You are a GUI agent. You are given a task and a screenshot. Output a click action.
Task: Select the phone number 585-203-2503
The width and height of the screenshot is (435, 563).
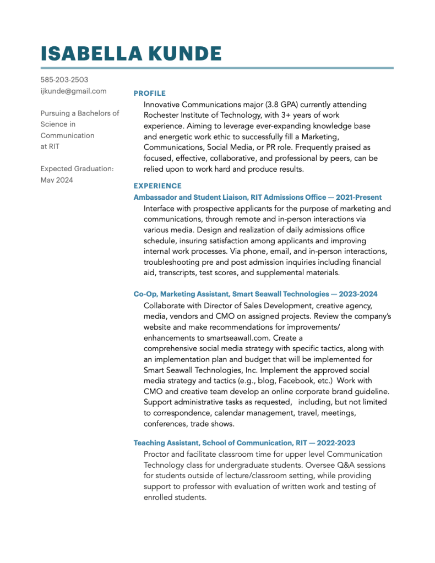coord(64,80)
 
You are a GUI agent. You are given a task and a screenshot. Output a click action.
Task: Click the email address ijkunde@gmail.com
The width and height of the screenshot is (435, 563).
coord(73,91)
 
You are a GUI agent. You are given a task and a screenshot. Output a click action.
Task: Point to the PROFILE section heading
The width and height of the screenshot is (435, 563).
coord(149,93)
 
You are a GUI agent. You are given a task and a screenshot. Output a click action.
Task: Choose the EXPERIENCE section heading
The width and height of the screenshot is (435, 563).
coord(157,186)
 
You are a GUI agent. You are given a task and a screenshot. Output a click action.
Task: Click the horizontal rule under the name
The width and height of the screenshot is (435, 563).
coord(217,68)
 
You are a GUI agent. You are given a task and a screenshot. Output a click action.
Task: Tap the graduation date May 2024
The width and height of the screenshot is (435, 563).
coord(57,180)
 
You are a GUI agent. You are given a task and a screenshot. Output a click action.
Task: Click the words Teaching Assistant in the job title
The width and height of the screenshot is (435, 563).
coord(166,442)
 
